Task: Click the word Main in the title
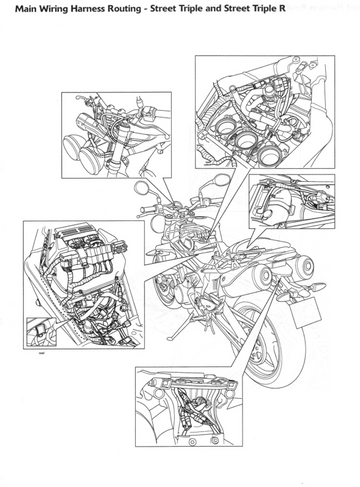25,9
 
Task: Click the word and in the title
213,9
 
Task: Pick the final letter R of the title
282,9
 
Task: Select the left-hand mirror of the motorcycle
143,188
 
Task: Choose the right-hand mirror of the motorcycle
221,180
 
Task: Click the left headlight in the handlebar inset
72,146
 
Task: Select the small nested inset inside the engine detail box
42,331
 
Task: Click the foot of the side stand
170,338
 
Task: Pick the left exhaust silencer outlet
264,275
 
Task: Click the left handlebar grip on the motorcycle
147,210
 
